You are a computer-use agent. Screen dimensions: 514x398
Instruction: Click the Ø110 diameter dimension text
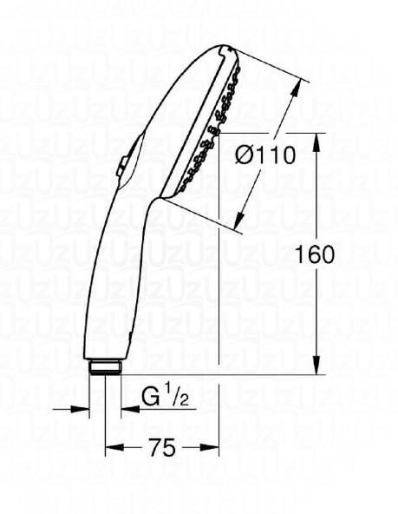[265, 155]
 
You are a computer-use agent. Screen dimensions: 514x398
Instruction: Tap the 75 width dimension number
[161, 448]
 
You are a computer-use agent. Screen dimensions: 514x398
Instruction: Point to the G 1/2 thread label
[165, 399]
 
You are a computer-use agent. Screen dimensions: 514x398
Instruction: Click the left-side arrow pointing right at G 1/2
[82, 408]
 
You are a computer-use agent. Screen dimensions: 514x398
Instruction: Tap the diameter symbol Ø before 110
[245, 155]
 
